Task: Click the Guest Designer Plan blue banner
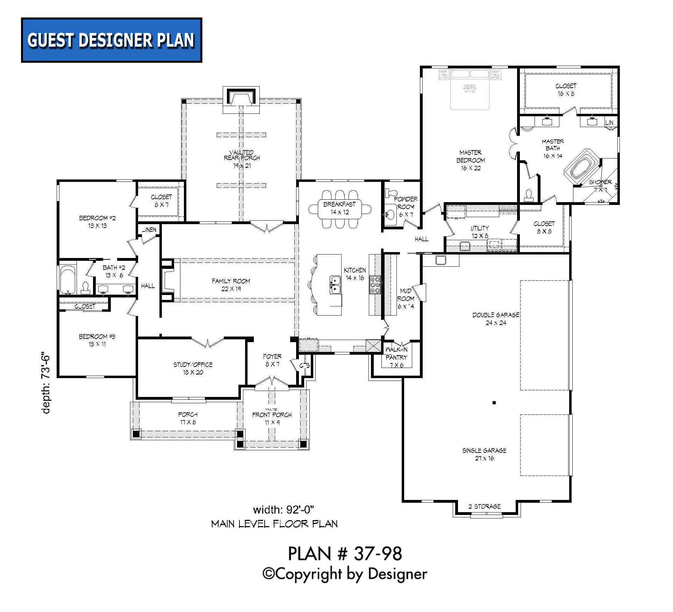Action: [112, 40]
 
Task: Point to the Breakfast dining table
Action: [339, 208]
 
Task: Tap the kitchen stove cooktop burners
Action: [375, 285]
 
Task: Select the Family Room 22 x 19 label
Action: [231, 285]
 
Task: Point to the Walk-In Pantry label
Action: [396, 357]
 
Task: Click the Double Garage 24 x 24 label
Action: [495, 319]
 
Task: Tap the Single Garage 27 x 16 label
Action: [484, 454]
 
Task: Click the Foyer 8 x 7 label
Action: [272, 360]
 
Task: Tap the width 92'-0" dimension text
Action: [283, 510]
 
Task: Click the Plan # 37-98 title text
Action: [345, 554]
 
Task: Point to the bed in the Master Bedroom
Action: [470, 89]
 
